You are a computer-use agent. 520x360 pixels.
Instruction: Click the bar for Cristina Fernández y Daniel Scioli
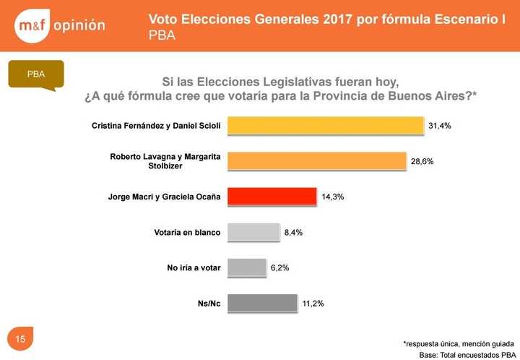tap(326, 126)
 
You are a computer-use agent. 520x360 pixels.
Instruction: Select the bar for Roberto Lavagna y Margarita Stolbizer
tap(317, 161)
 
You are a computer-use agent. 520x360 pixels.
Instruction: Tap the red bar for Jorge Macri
tap(272, 197)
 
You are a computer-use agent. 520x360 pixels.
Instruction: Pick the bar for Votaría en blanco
tap(253, 232)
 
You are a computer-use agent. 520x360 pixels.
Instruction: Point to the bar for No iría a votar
tap(247, 267)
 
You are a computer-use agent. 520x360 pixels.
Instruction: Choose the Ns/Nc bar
tap(263, 303)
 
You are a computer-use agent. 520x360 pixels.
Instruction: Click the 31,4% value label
tap(440, 126)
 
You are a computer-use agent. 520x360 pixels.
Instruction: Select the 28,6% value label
tap(422, 161)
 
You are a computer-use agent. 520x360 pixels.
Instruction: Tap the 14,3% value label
tap(332, 197)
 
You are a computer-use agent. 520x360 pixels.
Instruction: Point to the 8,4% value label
tap(293, 232)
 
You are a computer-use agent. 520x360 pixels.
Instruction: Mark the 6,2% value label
tap(280, 267)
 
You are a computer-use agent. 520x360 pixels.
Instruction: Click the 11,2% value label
tap(312, 304)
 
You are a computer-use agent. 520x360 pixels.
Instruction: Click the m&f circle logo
tap(32, 25)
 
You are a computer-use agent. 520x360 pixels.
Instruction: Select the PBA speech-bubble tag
tap(35, 75)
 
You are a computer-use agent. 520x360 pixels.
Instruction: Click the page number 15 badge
tap(20, 339)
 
